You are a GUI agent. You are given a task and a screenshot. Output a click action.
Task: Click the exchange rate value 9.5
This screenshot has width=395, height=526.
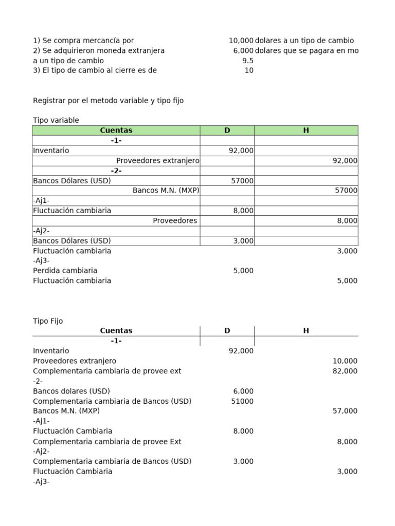click(x=247, y=61)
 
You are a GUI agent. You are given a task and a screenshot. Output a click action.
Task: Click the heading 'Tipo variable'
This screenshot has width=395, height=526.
click(x=56, y=120)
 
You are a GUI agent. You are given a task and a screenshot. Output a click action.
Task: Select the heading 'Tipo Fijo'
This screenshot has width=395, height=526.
click(x=47, y=321)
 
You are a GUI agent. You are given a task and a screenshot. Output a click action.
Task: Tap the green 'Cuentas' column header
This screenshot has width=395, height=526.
click(x=116, y=130)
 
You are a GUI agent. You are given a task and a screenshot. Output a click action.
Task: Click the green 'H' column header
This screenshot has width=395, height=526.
click(x=306, y=130)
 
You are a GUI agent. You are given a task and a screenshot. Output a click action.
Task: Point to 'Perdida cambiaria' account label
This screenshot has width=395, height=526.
click(x=65, y=271)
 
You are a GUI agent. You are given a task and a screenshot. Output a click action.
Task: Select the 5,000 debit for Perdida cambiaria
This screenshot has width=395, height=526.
click(x=243, y=271)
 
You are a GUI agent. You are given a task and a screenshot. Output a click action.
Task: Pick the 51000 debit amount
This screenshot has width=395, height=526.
click(x=242, y=401)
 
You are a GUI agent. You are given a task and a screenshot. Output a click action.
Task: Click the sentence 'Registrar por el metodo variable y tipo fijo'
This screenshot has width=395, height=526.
click(x=108, y=101)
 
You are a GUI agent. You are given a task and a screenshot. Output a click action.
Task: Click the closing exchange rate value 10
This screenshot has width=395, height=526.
click(x=249, y=71)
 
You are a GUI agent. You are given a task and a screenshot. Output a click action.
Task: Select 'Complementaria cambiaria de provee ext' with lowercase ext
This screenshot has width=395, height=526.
click(x=107, y=371)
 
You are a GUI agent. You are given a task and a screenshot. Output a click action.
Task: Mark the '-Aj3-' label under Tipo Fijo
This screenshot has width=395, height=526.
click(x=41, y=482)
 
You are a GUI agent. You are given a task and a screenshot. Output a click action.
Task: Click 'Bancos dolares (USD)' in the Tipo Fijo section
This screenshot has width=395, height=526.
click(x=71, y=391)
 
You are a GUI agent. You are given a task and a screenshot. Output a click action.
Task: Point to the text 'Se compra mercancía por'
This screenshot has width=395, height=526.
click(x=86, y=41)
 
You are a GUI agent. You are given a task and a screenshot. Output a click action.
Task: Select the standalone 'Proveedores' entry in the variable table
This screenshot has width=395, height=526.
click(x=175, y=221)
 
